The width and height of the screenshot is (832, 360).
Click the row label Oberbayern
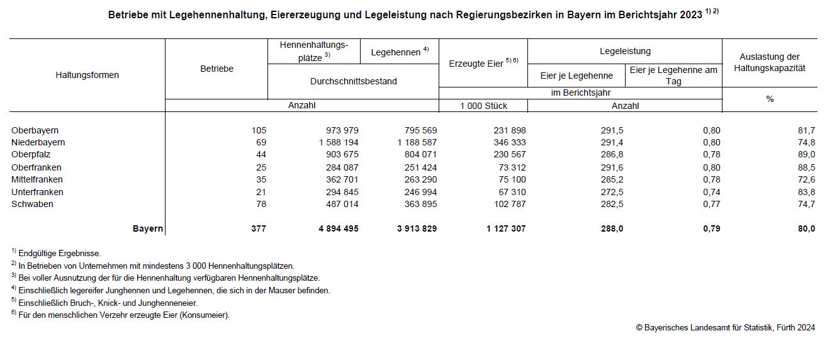pos(35,130)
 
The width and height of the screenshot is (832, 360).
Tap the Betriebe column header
pos(216,69)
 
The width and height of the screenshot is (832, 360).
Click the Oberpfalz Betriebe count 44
pos(261,155)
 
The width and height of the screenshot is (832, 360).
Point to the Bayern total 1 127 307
pos(506,228)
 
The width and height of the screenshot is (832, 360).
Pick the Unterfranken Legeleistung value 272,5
pos(611,192)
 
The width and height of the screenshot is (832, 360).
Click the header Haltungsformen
pos(87,74)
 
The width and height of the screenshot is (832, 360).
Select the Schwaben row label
pos(32,204)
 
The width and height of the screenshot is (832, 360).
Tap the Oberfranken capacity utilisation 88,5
pos(805,167)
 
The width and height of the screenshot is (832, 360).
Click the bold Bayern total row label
pos(148,228)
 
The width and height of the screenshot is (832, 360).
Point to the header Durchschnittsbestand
pos(353,81)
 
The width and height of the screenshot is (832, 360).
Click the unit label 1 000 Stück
pos(483,106)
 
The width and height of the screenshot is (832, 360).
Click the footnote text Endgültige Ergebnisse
pos(60,253)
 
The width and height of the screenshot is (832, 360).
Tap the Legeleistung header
pos(625,51)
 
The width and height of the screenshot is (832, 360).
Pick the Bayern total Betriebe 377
pos(258,228)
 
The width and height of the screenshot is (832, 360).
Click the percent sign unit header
pos(770,99)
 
